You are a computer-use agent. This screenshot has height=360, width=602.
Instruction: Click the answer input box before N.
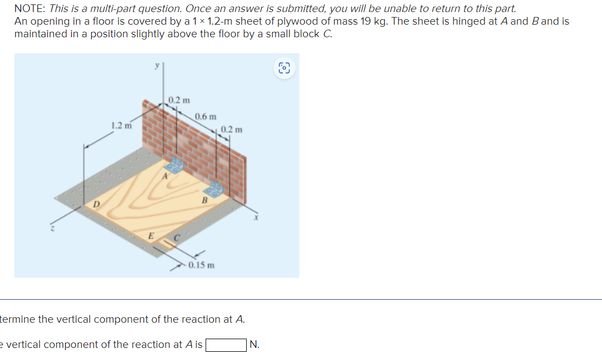[225, 345]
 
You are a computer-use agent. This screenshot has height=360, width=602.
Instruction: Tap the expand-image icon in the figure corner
[283, 68]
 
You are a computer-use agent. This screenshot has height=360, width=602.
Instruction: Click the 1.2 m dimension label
[121, 125]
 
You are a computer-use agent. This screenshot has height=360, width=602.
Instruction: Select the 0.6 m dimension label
[206, 117]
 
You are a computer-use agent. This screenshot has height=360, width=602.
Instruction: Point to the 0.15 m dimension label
[201, 265]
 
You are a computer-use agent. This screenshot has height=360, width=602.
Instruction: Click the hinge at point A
[176, 164]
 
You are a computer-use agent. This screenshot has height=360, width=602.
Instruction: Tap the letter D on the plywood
[96, 204]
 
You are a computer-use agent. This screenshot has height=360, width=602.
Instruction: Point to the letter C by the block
[177, 238]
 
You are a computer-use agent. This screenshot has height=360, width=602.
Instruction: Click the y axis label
[156, 65]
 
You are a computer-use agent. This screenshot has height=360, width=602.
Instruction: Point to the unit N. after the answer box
[254, 345]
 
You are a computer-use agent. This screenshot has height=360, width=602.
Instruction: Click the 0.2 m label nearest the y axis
[179, 100]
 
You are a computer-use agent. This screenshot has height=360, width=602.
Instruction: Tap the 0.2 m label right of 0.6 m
[231, 130]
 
